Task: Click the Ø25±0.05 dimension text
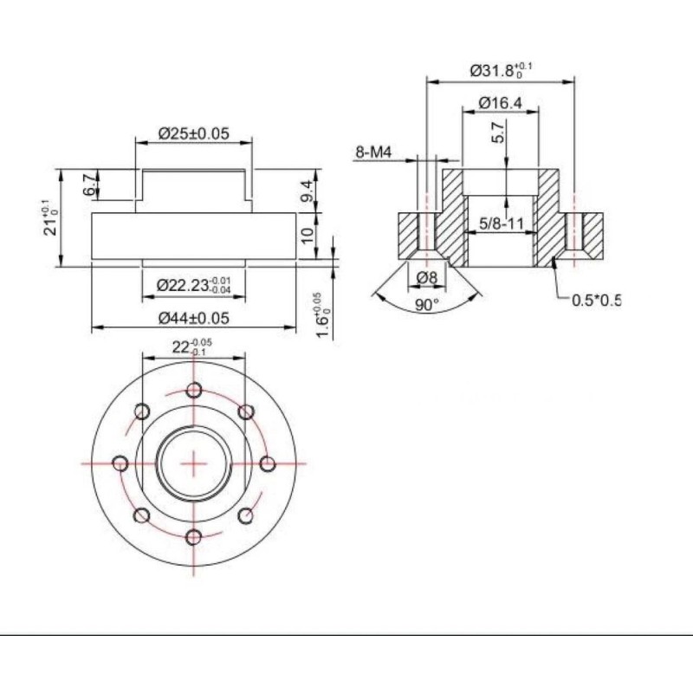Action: (x=193, y=133)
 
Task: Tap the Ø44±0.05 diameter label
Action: (x=193, y=318)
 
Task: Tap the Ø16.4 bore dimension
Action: (x=502, y=104)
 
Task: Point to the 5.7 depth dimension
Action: (x=497, y=133)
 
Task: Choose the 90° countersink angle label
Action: (x=426, y=305)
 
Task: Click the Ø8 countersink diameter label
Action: (x=425, y=277)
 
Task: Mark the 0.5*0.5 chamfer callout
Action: (x=596, y=301)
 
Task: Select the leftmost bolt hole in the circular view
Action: (x=120, y=463)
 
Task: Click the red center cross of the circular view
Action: (x=194, y=463)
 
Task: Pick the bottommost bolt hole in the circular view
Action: (x=194, y=536)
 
